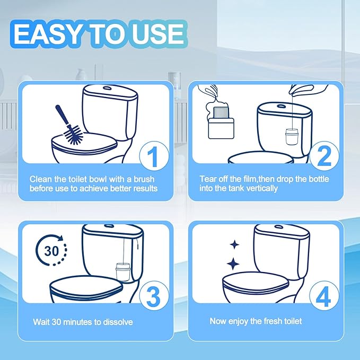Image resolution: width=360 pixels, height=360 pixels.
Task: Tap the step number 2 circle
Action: tap(324, 157)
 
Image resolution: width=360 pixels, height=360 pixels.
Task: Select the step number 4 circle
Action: tap(324, 297)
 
